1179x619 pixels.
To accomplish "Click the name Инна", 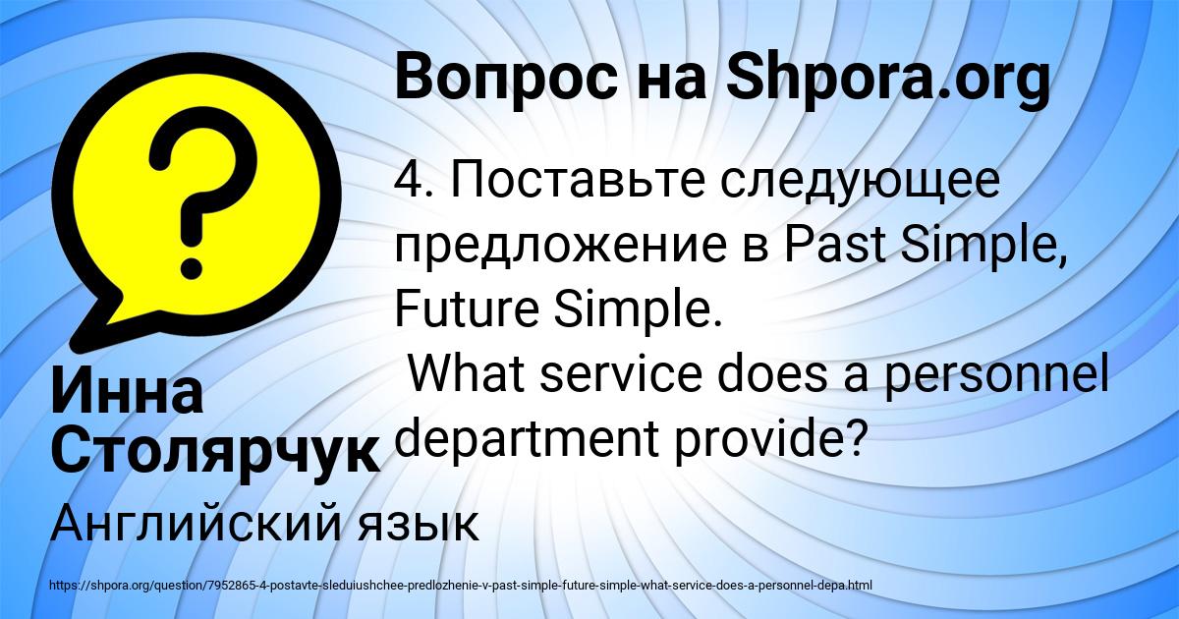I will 127,390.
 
